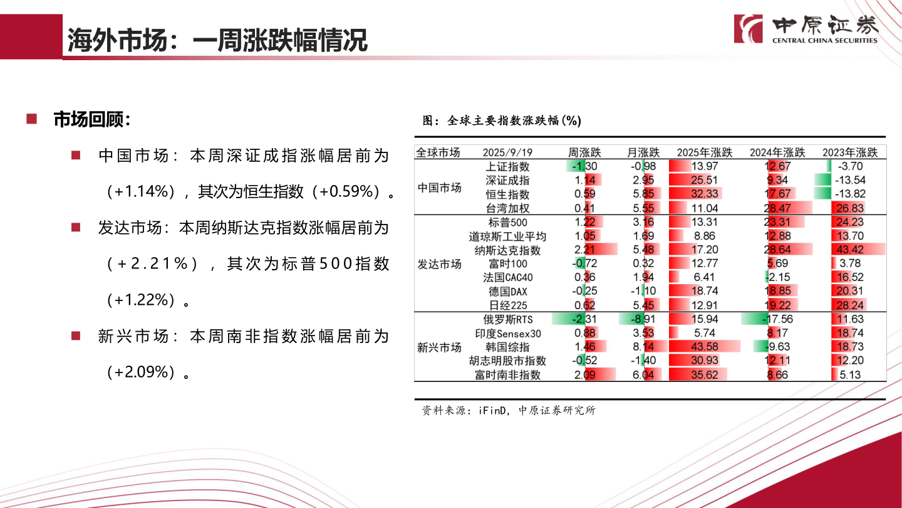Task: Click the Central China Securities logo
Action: (x=806, y=29)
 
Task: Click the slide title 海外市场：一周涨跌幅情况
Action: (x=217, y=40)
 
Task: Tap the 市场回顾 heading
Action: (x=91, y=120)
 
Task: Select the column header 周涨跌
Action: (x=584, y=152)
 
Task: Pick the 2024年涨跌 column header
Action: (x=777, y=152)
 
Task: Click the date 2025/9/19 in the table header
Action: (x=507, y=152)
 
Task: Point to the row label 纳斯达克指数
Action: (x=507, y=250)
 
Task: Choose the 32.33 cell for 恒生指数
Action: (x=704, y=194)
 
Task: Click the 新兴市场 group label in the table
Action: (x=439, y=347)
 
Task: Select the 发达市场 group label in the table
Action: (x=439, y=264)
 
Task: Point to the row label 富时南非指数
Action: (x=507, y=375)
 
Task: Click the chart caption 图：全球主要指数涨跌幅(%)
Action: (x=502, y=120)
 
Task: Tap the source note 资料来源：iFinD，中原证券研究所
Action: (x=509, y=411)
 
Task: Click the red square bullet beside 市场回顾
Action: (x=31, y=119)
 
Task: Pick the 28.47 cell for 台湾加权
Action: (x=777, y=208)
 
